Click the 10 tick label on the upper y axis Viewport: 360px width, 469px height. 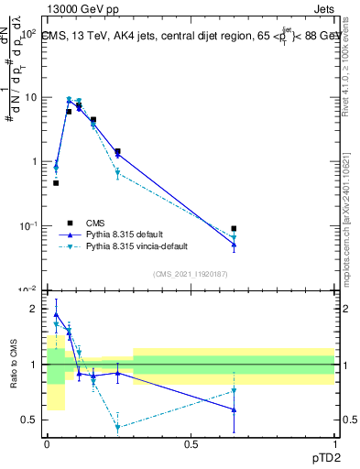click(x=27, y=97)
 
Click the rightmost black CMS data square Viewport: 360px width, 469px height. click(x=234, y=228)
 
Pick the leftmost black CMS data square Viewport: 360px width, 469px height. click(x=56, y=183)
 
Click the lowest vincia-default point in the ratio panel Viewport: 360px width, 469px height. click(x=117, y=427)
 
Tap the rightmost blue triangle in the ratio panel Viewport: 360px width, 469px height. click(x=234, y=409)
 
